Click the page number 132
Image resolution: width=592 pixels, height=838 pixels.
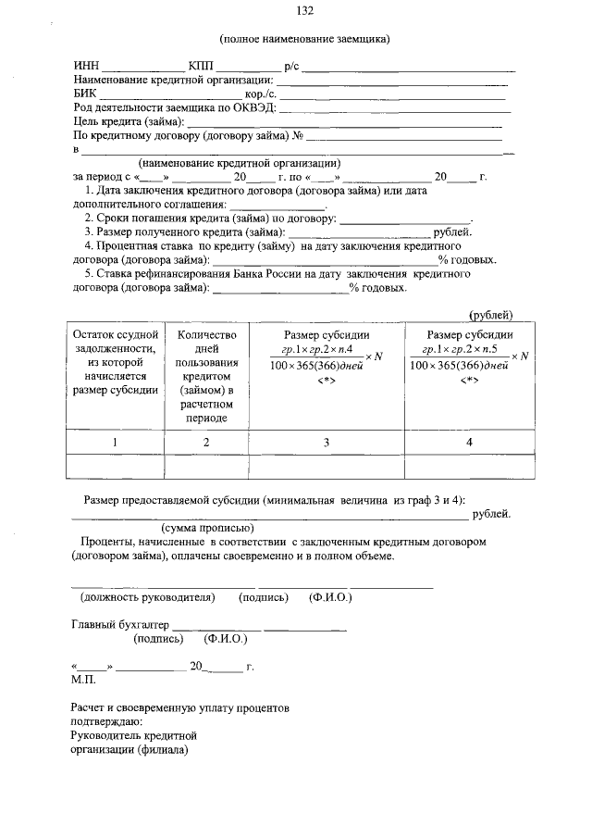point(304,11)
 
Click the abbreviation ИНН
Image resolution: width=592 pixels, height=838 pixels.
point(86,66)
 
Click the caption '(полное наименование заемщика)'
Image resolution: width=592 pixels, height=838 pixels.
point(304,39)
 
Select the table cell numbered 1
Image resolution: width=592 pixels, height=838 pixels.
point(115,443)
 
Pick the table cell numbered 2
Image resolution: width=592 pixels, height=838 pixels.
point(207,443)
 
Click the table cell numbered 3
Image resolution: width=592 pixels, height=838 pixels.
point(326,443)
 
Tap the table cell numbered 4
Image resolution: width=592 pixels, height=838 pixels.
point(469,443)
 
